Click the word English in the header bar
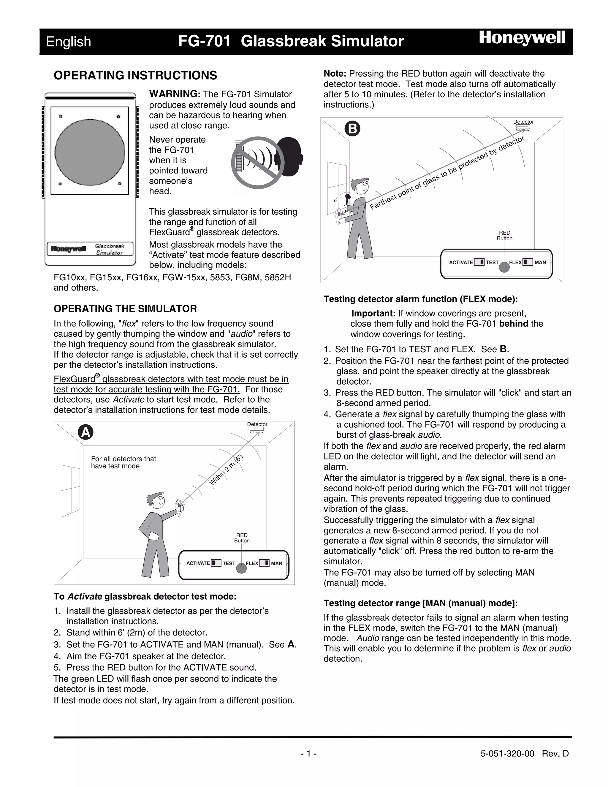(x=69, y=42)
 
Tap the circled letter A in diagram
(x=86, y=432)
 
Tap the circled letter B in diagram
(x=352, y=129)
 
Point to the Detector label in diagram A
(x=257, y=424)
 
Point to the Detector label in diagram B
(x=523, y=122)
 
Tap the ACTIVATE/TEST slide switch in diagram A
(x=216, y=563)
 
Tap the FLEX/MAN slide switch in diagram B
(x=528, y=262)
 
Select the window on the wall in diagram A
(x=71, y=489)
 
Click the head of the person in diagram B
(x=360, y=187)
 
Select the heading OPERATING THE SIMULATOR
(x=125, y=309)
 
